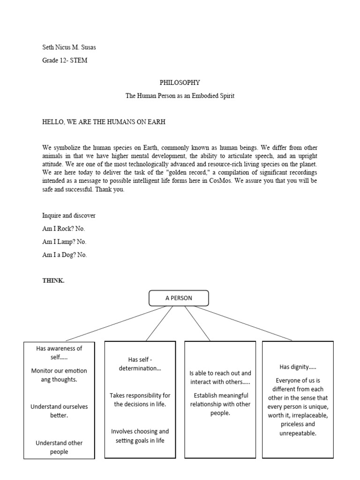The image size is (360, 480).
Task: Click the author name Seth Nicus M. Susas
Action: tap(72, 47)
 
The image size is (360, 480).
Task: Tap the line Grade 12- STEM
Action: tap(65, 60)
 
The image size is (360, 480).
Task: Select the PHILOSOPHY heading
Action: tap(180, 82)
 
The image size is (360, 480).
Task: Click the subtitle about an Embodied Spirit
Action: tap(180, 96)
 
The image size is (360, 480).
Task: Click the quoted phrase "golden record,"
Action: tap(183, 173)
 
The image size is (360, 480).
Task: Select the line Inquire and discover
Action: tap(69, 216)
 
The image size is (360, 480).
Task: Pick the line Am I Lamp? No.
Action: tap(64, 242)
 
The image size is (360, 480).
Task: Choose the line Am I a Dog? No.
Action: tap(65, 255)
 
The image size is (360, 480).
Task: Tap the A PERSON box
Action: tap(179, 298)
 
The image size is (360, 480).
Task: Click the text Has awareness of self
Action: tap(59, 352)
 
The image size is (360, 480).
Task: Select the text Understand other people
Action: tap(59, 447)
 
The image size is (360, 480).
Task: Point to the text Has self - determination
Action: tap(140, 364)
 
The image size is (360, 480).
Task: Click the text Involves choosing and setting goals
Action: tap(140, 436)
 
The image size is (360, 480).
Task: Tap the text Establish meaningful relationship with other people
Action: tap(220, 404)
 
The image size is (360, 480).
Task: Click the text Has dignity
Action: tap(298, 367)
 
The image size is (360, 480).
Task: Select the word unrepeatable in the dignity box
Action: tap(297, 433)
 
